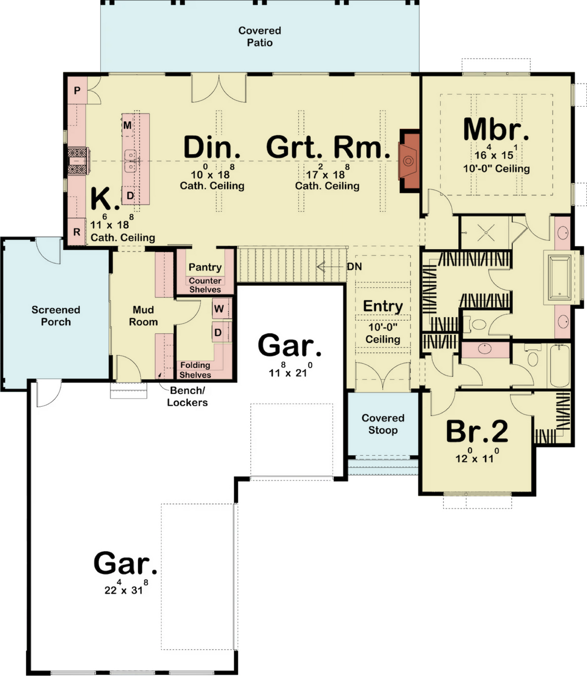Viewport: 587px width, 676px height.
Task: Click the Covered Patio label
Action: pyautogui.click(x=260, y=37)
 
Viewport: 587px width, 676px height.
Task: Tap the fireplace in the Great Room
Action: pyautogui.click(x=410, y=161)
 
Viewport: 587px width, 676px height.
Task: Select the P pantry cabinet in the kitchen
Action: pyautogui.click(x=77, y=90)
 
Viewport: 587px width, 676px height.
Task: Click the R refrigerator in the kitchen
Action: pyautogui.click(x=77, y=232)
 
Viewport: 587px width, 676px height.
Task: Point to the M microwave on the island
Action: pyautogui.click(x=128, y=125)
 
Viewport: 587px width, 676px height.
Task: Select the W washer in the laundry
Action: pyautogui.click(x=219, y=308)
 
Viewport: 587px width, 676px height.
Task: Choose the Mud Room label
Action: pyautogui.click(x=143, y=316)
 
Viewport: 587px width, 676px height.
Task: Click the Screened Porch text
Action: pyautogui.click(x=56, y=316)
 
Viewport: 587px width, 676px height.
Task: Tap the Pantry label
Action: pyautogui.click(x=205, y=267)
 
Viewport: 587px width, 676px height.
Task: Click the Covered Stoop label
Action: pyautogui.click(x=383, y=424)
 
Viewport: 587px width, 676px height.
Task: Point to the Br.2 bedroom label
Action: pyautogui.click(x=477, y=431)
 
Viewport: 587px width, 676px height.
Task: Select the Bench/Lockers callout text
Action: pyautogui.click(x=187, y=396)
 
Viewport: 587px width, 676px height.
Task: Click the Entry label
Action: pyautogui.click(x=383, y=306)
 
